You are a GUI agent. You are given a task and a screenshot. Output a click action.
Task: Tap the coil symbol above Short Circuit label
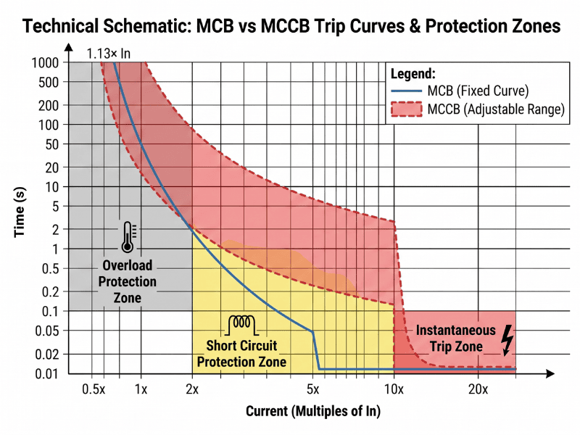246,323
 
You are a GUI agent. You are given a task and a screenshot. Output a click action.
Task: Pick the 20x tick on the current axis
478,389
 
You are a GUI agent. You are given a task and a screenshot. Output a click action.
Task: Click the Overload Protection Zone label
127,281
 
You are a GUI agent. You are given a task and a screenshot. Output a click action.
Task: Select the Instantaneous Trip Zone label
455,339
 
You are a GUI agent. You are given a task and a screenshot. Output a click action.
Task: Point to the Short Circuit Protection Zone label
246,352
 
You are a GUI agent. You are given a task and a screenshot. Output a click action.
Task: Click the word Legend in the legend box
413,74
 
